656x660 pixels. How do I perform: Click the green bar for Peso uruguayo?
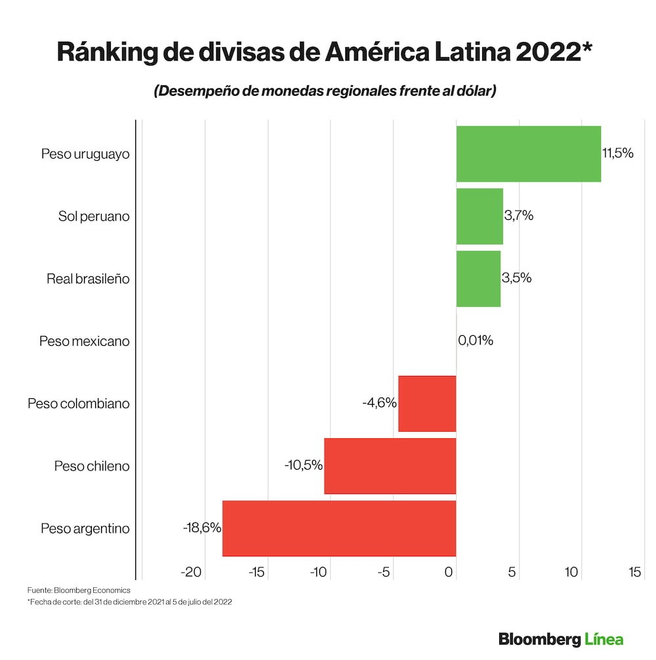tap(528, 154)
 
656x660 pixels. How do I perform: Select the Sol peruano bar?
tap(480, 216)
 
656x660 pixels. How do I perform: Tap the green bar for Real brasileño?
tap(478, 278)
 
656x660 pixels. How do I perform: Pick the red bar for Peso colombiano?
tap(427, 403)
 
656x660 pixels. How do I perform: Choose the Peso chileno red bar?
tap(390, 466)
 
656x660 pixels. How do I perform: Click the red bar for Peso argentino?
tap(339, 528)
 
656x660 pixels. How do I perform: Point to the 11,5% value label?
tap(617, 154)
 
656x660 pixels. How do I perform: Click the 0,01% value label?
tap(476, 340)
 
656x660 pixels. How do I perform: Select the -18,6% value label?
tap(202, 527)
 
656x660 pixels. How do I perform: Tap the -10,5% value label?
tap(304, 465)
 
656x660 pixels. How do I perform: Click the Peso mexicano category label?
tap(85, 341)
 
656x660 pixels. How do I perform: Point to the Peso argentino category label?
tap(85, 529)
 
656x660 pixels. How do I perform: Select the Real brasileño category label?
tap(88, 279)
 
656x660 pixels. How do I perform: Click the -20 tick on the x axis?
tap(192, 572)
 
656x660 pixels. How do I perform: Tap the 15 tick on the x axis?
tap(634, 572)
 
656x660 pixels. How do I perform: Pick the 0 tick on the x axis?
tap(449, 572)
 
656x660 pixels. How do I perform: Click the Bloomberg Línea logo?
tap(561, 639)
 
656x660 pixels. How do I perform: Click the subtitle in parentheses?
tap(325, 91)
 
